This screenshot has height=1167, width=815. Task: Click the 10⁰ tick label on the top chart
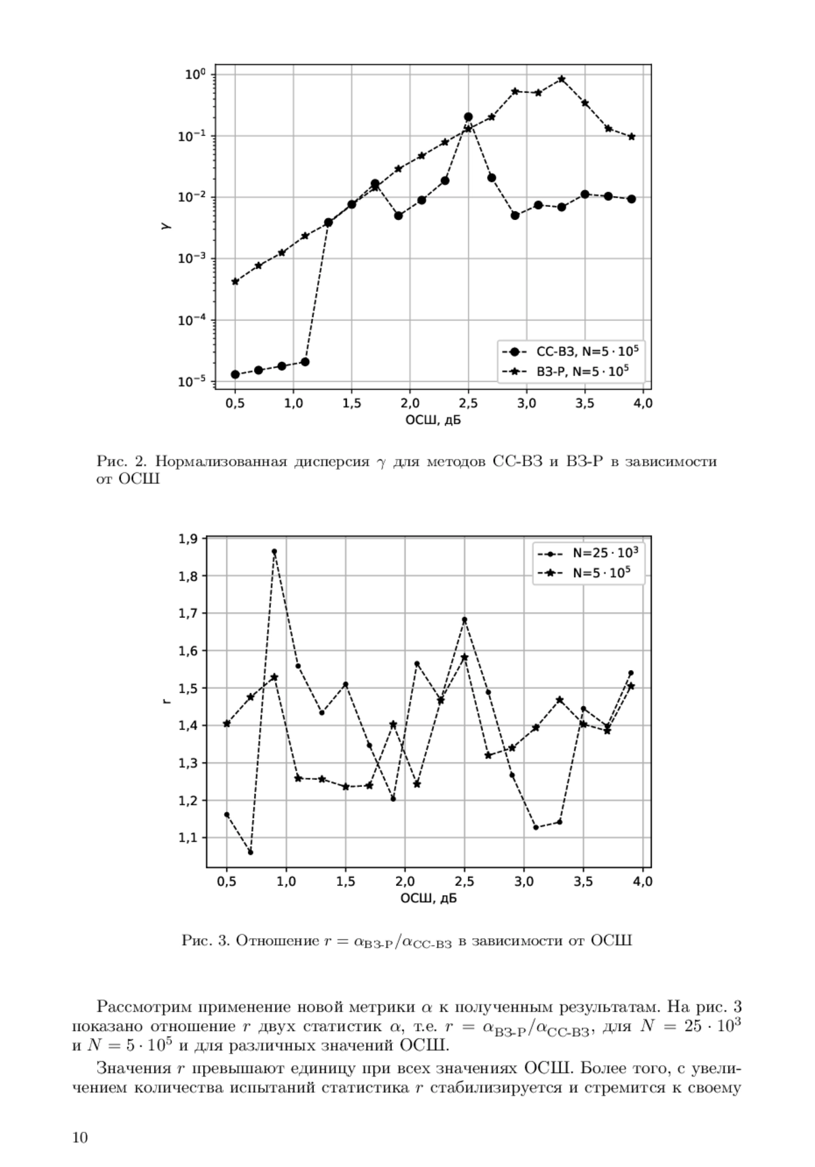196,74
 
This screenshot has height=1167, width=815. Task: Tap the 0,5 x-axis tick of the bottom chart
226,882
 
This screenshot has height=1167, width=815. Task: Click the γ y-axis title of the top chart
165,227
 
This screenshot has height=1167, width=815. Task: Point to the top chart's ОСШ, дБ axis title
433,420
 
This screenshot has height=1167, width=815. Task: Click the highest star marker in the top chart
562,79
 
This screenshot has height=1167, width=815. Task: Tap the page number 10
80,1138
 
